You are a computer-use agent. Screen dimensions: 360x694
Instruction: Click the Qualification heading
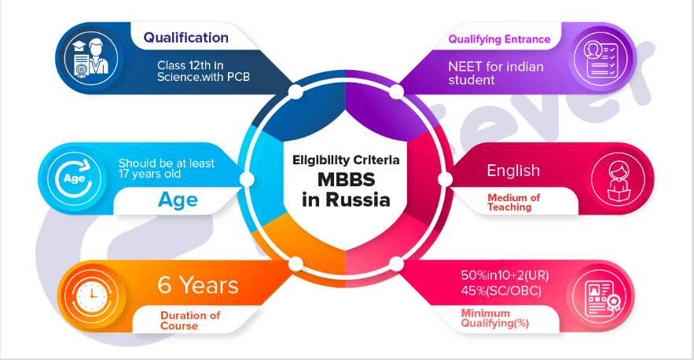coord(185,38)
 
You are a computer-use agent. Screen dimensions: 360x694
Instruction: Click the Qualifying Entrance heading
coord(499,39)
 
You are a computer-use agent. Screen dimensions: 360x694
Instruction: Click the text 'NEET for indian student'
coord(495,73)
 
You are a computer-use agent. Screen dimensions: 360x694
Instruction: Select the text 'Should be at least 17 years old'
coord(166,168)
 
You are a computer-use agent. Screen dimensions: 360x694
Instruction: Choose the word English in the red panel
coord(513,171)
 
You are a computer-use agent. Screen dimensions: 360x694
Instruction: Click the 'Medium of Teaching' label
coord(513,201)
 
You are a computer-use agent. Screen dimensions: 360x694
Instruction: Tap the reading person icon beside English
coord(610,178)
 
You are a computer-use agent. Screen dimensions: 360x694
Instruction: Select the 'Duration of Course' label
coord(189,320)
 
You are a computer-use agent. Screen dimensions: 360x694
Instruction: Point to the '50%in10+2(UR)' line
coord(505,277)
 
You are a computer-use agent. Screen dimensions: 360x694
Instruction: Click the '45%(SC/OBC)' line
coord(501,292)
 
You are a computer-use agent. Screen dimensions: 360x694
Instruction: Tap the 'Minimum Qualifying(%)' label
coord(498,319)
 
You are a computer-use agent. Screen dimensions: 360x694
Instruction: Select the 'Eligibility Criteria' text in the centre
coord(347,160)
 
